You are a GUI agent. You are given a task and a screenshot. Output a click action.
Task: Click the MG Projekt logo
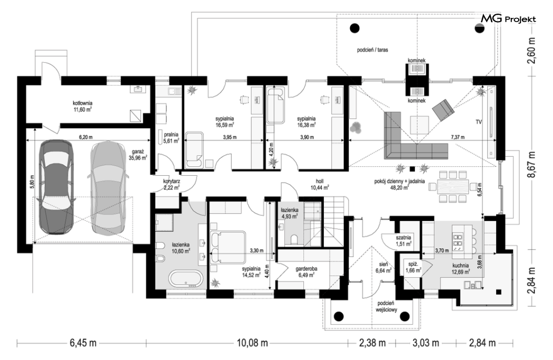pyautogui.click(x=509, y=19)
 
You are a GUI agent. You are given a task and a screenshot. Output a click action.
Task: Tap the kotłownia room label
pyautogui.click(x=83, y=106)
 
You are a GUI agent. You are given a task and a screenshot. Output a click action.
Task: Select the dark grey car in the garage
pyautogui.click(x=56, y=187)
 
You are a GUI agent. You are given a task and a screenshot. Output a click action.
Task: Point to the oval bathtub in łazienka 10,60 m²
pyautogui.click(x=186, y=279)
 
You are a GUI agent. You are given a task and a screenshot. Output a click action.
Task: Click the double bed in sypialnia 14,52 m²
pyautogui.click(x=228, y=247)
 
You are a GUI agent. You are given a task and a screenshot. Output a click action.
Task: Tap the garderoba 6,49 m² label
pyautogui.click(x=306, y=272)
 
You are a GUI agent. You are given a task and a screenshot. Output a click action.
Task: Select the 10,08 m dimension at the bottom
pyautogui.click(x=252, y=343)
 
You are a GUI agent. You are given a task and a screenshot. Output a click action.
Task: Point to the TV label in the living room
pyautogui.click(x=479, y=122)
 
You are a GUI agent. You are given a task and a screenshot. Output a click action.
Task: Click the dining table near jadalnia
pyautogui.click(x=453, y=187)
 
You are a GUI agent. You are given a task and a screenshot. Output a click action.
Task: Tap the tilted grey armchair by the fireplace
pyautogui.click(x=443, y=109)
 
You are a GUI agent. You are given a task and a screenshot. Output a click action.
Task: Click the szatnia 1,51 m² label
pyautogui.click(x=403, y=241)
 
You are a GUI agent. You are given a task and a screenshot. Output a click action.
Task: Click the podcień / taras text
pyautogui.click(x=372, y=50)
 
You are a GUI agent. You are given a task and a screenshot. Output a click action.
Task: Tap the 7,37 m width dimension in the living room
pyautogui.click(x=458, y=137)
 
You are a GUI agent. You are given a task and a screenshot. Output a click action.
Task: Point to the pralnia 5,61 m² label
pyautogui.click(x=171, y=137)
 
